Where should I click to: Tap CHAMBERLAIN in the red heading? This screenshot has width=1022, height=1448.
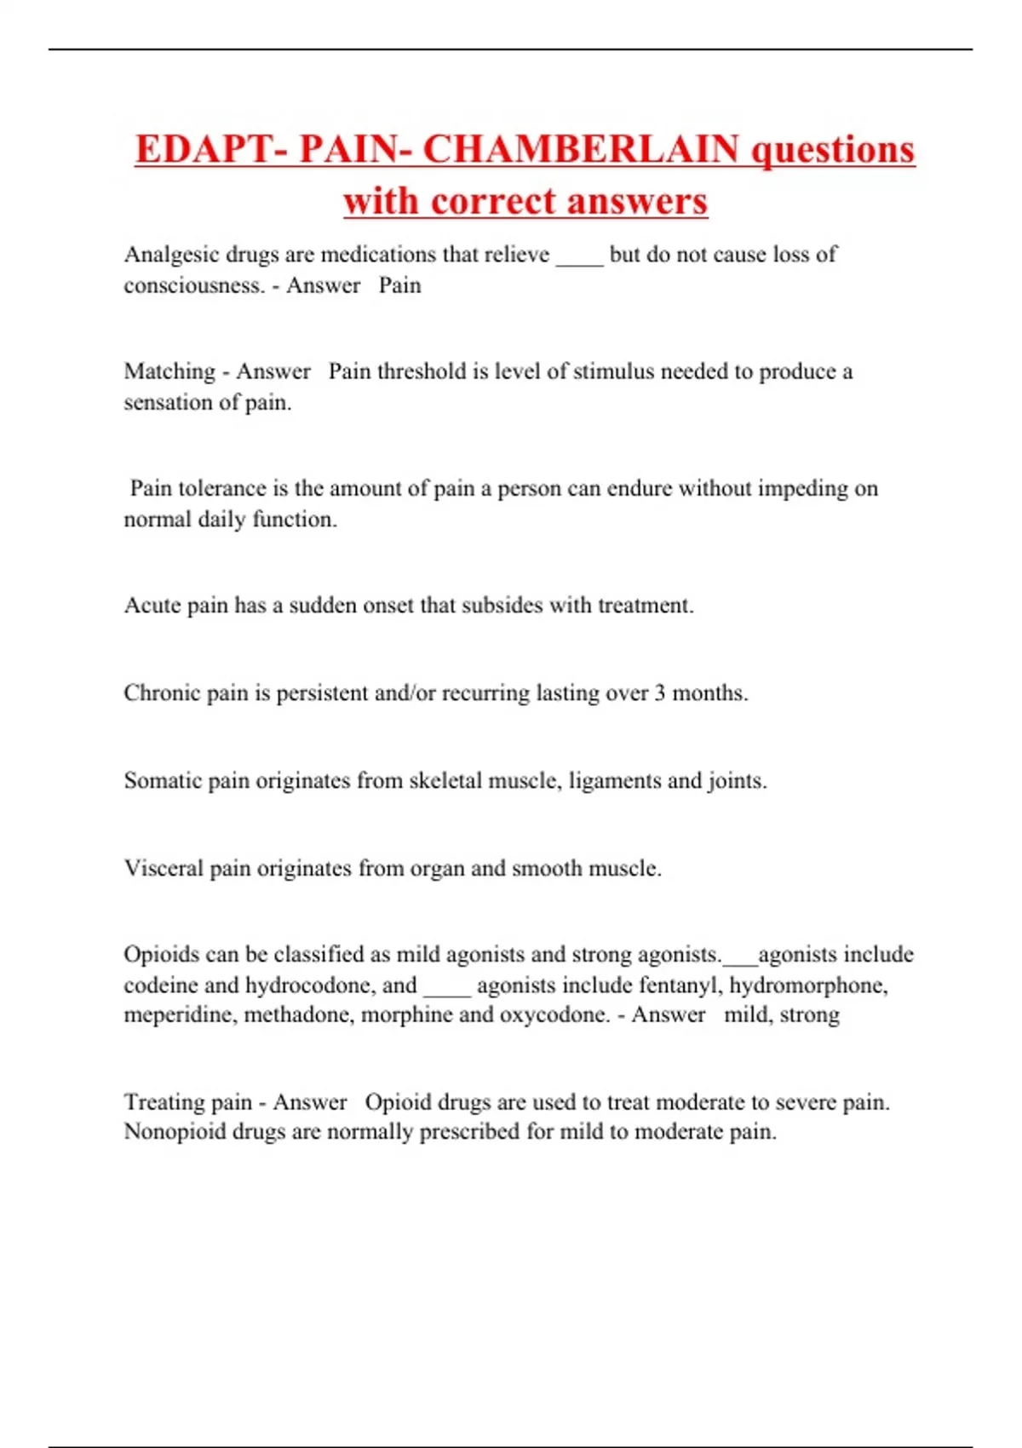tap(581, 150)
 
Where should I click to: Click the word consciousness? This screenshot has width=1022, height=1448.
tap(194, 285)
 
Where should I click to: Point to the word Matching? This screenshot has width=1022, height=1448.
tap(169, 372)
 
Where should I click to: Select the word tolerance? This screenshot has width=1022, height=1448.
tap(221, 488)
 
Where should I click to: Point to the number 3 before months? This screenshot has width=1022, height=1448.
tap(660, 693)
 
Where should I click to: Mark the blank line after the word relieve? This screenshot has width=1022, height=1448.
tap(579, 260)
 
